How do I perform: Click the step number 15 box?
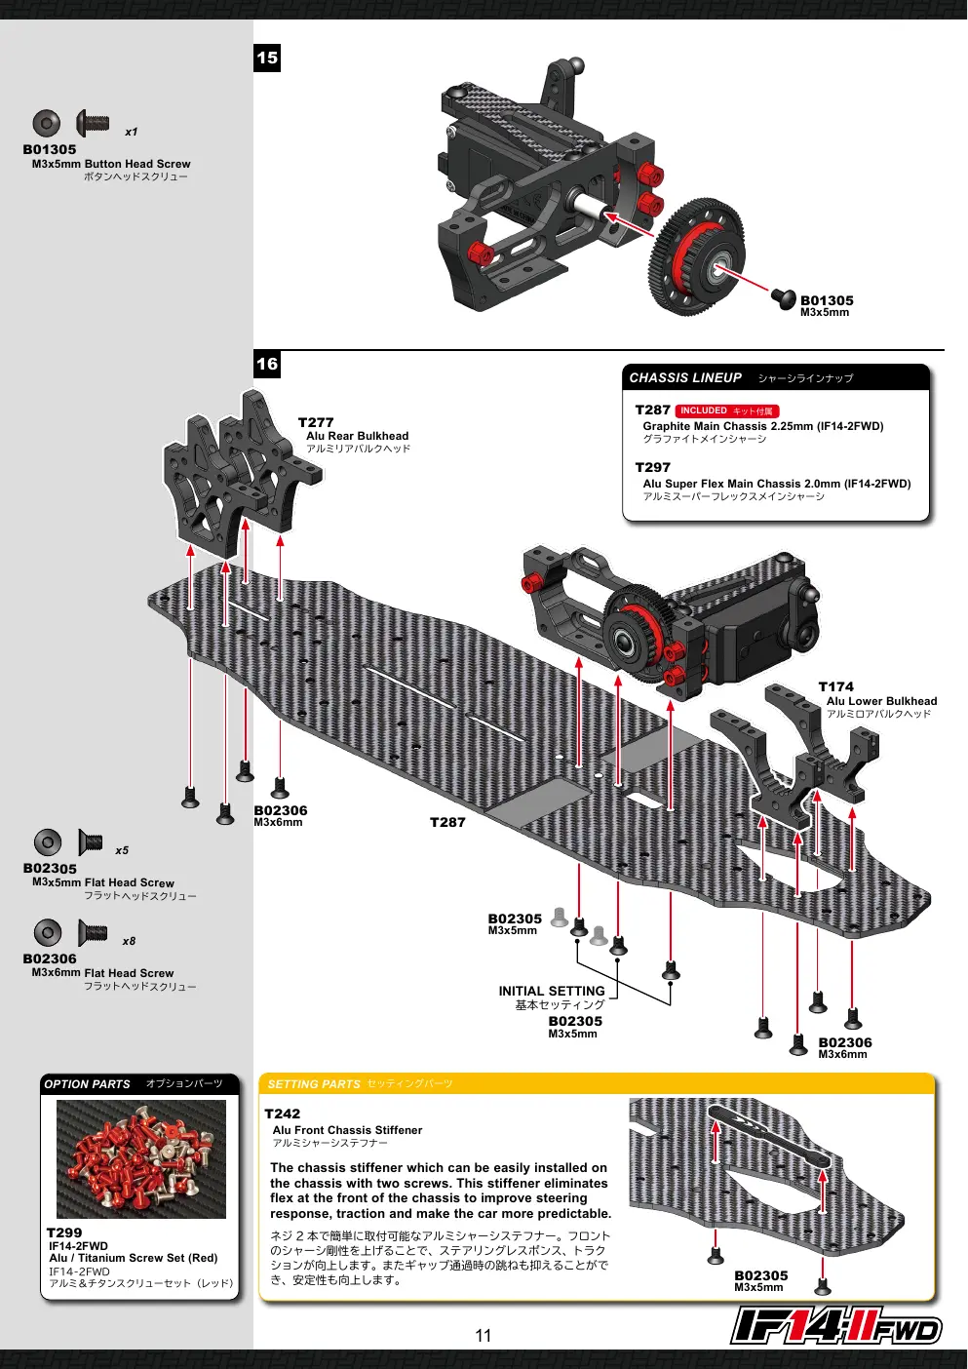tap(267, 59)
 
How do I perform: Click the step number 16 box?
tap(267, 365)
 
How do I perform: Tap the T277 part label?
tap(316, 422)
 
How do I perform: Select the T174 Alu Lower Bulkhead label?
tap(877, 700)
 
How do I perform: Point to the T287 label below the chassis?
tap(447, 823)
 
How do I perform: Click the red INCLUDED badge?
tap(727, 411)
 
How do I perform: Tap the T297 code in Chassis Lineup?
tap(653, 467)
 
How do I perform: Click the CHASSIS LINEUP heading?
tap(685, 377)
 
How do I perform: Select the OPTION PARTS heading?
tap(87, 1084)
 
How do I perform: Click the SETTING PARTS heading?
tap(314, 1084)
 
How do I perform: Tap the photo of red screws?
tap(141, 1158)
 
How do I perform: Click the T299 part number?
tap(64, 1232)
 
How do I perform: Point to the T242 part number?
tap(283, 1114)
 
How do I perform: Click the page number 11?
tap(484, 1336)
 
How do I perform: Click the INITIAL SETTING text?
tap(551, 991)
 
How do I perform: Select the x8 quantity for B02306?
tap(129, 941)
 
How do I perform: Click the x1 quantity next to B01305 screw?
tap(132, 132)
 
